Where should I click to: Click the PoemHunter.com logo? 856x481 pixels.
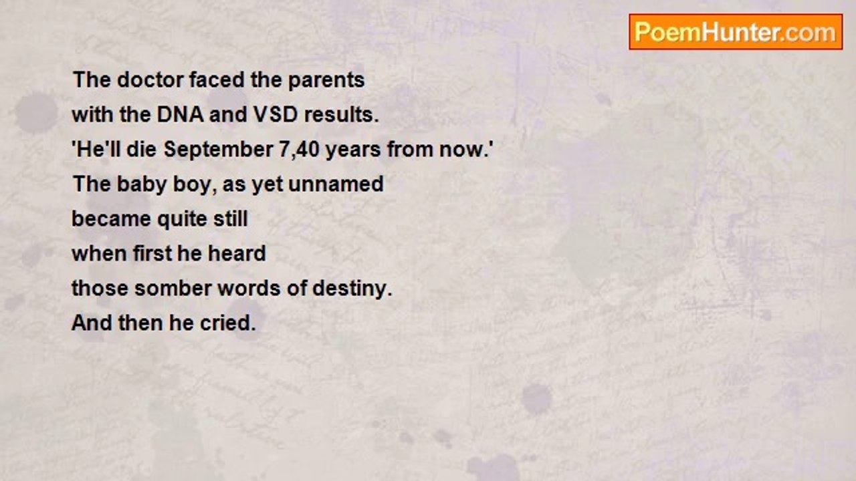click(x=736, y=32)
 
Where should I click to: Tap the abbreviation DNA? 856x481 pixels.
click(x=181, y=114)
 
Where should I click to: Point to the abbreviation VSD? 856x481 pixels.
click(x=275, y=114)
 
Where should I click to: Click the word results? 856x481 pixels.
click(x=341, y=114)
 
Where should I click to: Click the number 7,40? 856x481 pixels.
click(x=299, y=149)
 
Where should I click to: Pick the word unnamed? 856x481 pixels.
click(x=336, y=184)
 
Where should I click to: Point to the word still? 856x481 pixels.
click(x=231, y=218)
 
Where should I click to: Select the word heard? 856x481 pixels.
click(x=237, y=253)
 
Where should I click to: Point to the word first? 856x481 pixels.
click(x=152, y=253)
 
